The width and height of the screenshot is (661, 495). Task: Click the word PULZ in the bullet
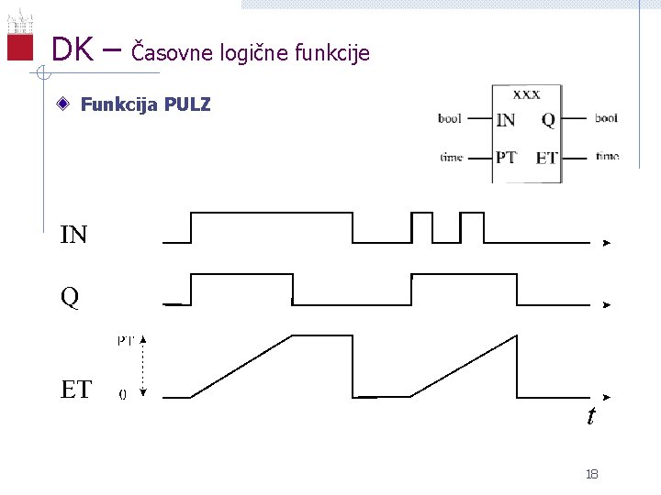(x=187, y=104)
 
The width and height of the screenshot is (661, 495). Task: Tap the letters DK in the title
(x=72, y=49)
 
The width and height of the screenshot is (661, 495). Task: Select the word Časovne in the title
(x=173, y=52)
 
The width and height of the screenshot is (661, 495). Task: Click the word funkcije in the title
(x=332, y=53)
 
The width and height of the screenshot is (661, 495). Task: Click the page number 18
(x=591, y=474)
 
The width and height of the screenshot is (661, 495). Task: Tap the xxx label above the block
(x=526, y=93)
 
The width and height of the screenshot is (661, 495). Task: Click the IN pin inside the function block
(x=505, y=119)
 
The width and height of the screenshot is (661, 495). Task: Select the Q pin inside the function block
(x=548, y=119)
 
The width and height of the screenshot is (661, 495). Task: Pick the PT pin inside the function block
(x=506, y=157)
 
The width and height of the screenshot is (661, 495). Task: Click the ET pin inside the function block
(x=546, y=158)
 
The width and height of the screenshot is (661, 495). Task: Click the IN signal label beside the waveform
(x=73, y=236)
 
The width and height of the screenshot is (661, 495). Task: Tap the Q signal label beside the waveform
(x=70, y=297)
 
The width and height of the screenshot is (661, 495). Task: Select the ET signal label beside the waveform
(x=75, y=390)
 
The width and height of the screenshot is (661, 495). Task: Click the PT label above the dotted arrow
(x=126, y=340)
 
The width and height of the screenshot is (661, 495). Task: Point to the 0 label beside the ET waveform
(x=123, y=395)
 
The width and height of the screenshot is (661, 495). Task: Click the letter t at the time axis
(x=591, y=416)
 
